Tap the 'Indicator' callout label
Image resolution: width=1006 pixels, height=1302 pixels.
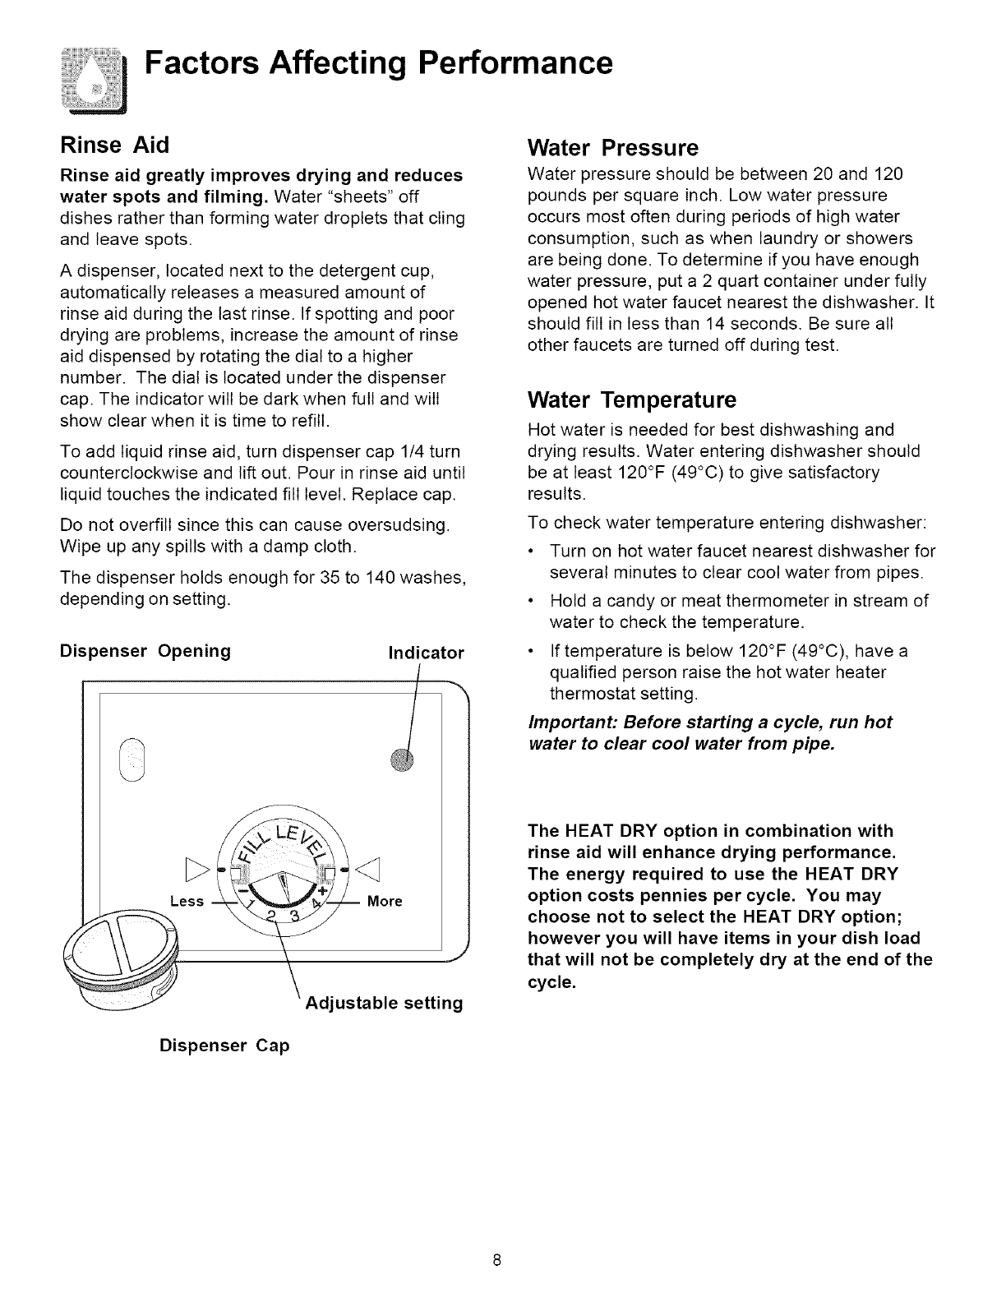pos(426,653)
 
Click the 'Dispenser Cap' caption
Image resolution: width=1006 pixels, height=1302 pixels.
pos(224,1046)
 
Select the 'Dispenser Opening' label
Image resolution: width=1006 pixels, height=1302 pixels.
pos(145,651)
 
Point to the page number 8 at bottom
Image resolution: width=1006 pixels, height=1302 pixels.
pos(497,1260)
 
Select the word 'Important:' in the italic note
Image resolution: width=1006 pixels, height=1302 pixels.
pos(570,723)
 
